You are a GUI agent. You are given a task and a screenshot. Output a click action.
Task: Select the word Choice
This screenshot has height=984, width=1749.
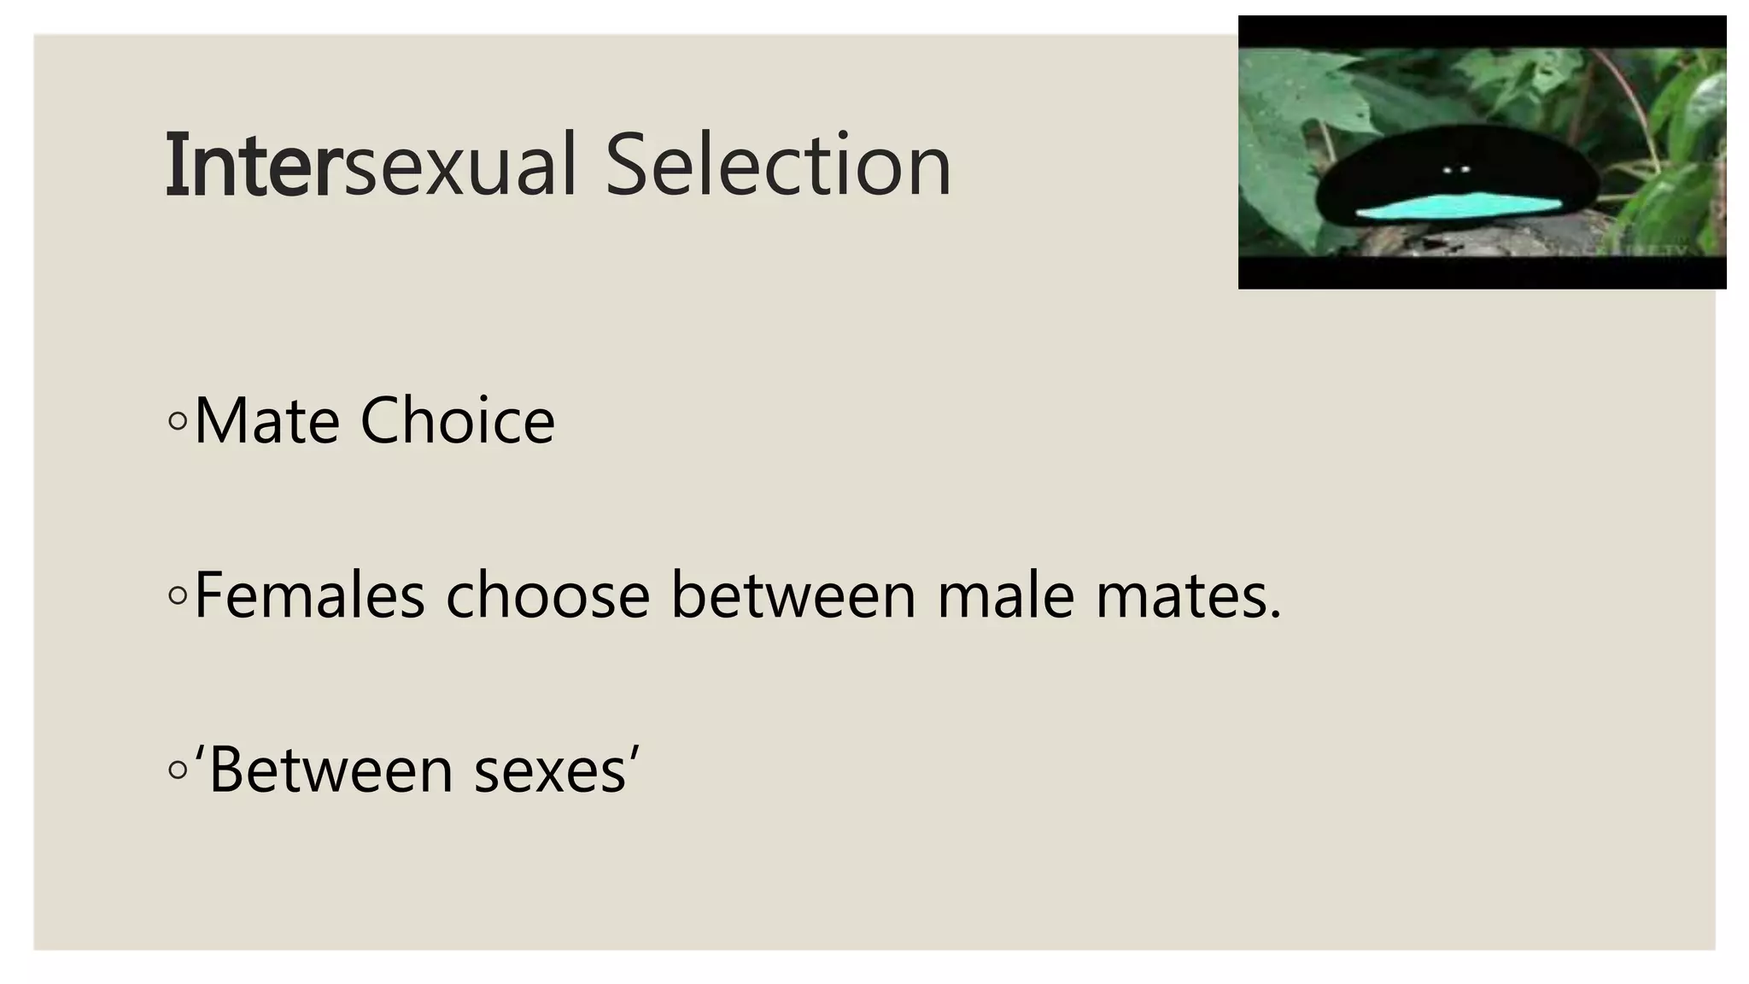point(458,421)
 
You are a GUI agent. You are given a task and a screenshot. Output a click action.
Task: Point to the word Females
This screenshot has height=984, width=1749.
point(309,595)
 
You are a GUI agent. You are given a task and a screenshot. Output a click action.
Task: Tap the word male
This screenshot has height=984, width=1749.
point(1005,595)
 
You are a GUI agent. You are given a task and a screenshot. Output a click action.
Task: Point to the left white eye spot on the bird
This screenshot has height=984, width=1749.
point(1448,170)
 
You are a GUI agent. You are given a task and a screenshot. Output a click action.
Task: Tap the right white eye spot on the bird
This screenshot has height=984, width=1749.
point(1465,170)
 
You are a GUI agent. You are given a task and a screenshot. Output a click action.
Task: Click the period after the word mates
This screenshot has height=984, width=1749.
point(1276,616)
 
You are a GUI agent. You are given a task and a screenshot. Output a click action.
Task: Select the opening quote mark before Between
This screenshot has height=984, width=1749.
point(200,753)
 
